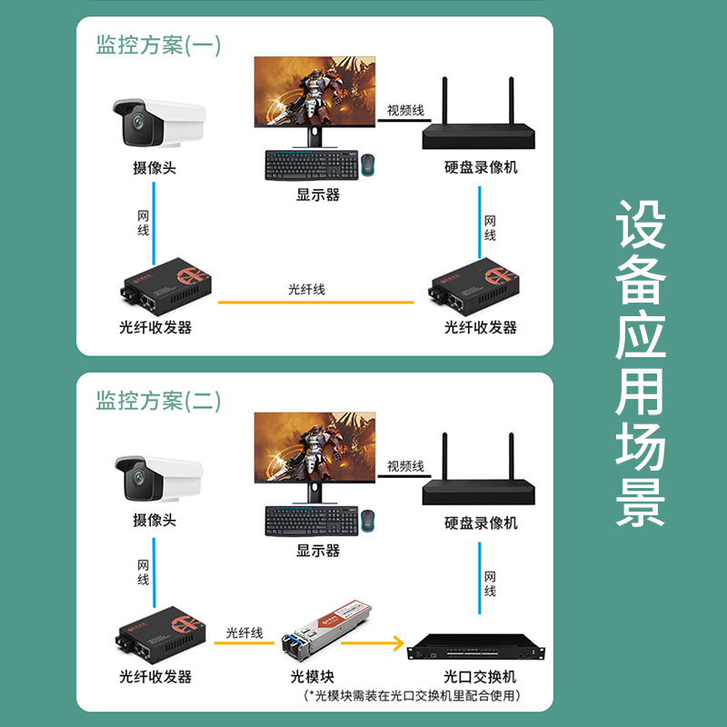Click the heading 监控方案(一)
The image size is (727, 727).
coord(158,45)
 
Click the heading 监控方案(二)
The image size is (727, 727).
coord(158,400)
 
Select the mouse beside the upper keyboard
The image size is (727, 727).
coord(369,164)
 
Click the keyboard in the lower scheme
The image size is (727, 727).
coord(309,521)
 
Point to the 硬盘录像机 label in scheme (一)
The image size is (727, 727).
coord(481,167)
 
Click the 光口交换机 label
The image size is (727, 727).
coord(480,677)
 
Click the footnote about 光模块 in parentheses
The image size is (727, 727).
coord(416,696)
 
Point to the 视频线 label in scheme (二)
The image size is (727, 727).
coord(405,466)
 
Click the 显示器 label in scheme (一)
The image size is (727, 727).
coord(317,194)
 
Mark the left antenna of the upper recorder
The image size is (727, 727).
coord(446,100)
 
